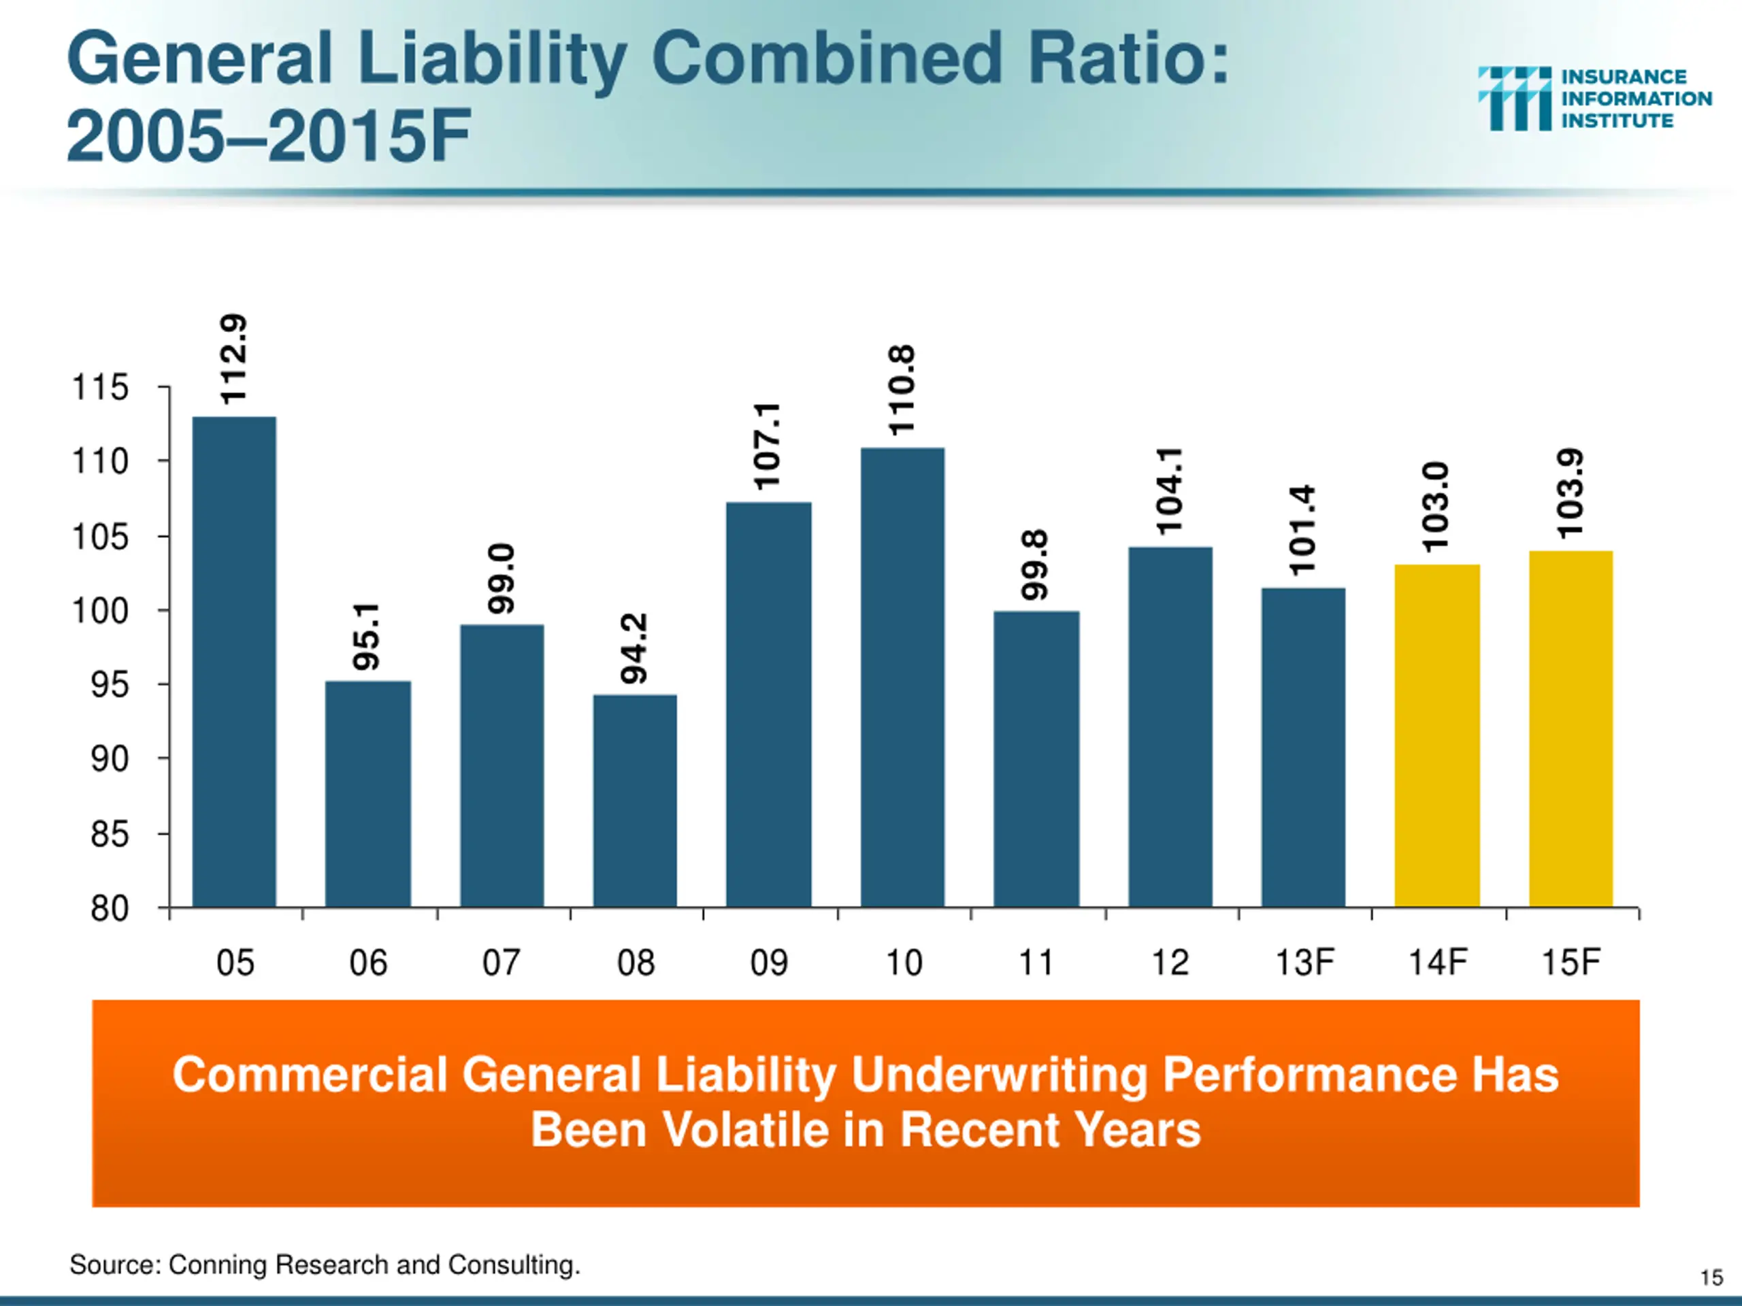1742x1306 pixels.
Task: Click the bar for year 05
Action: click(234, 661)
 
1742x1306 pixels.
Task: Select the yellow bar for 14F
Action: click(1436, 735)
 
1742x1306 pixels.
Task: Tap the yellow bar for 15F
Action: click(1571, 729)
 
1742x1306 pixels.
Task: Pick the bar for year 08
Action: click(635, 800)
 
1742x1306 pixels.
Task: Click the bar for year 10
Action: click(902, 677)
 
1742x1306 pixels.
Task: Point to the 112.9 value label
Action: click(234, 360)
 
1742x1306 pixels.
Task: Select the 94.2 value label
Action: click(634, 649)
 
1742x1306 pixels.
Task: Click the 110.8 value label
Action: click(902, 390)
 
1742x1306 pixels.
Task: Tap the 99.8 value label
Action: click(1036, 565)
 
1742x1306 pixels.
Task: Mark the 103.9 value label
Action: click(1571, 494)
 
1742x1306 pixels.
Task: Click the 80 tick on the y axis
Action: click(110, 909)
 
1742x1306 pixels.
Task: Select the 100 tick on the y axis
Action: click(100, 611)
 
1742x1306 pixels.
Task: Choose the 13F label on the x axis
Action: click(1304, 962)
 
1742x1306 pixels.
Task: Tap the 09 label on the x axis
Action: click(769, 962)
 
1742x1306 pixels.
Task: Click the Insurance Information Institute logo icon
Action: click(1513, 99)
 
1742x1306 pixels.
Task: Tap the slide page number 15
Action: click(1711, 1277)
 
